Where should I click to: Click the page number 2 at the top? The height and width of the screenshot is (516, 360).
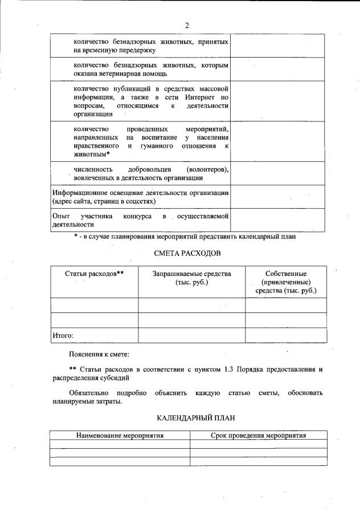pyautogui.click(x=186, y=25)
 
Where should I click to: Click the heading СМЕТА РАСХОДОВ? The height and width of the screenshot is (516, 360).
pyautogui.click(x=187, y=253)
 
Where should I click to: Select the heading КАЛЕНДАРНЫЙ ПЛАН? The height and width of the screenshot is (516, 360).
pyautogui.click(x=187, y=419)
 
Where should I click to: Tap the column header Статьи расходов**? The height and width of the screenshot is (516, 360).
pyautogui.click(x=95, y=274)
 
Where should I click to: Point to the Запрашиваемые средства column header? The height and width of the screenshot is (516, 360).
pyautogui.click(x=191, y=278)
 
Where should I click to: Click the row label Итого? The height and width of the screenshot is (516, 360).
pyautogui.click(x=63, y=336)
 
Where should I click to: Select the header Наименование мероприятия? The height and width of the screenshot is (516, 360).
pyautogui.click(x=120, y=436)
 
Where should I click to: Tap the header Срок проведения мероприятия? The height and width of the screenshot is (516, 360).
pyautogui.click(x=259, y=436)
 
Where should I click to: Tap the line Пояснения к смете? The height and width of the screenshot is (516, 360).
pyautogui.click(x=99, y=355)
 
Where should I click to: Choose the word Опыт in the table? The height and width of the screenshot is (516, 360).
pyautogui.click(x=61, y=217)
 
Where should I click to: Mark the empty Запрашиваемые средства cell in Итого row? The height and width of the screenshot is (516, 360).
pyautogui.click(x=191, y=336)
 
